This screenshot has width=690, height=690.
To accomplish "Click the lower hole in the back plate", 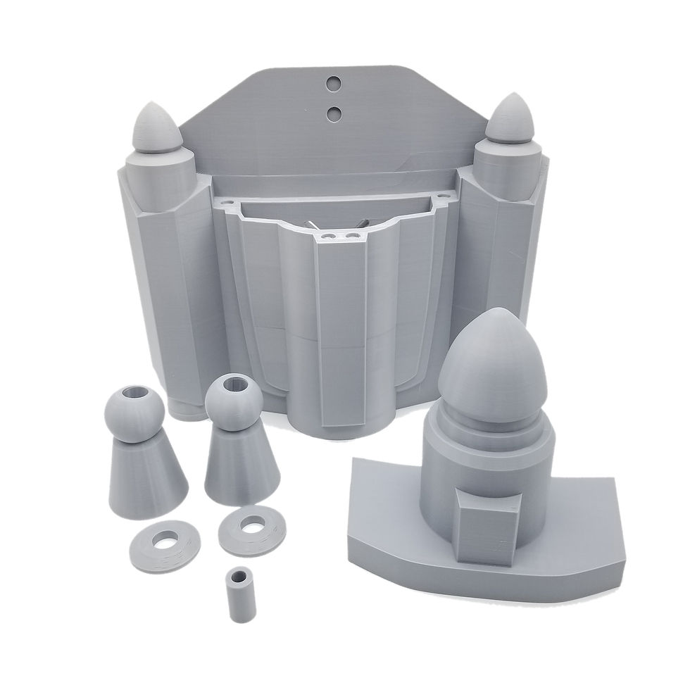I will coord(334,113).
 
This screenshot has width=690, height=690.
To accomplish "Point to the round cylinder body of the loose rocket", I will coord(437,486).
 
